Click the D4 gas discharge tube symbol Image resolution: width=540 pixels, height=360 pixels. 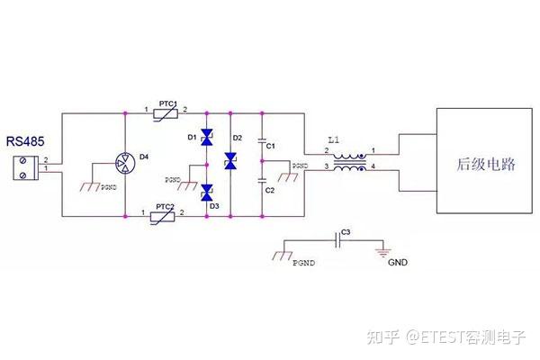click(123, 164)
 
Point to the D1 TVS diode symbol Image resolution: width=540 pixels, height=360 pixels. click(206, 138)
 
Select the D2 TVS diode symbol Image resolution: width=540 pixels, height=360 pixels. click(230, 162)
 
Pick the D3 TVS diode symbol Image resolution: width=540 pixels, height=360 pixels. click(206, 191)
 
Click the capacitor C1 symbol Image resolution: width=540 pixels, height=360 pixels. click(262, 141)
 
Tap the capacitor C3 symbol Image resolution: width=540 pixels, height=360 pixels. click(338, 239)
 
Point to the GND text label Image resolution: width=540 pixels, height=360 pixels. click(398, 264)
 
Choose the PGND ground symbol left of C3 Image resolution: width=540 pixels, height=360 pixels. click(282, 255)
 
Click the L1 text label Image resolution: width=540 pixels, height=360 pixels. click(334, 141)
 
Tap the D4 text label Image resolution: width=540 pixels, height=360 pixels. click(143, 158)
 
